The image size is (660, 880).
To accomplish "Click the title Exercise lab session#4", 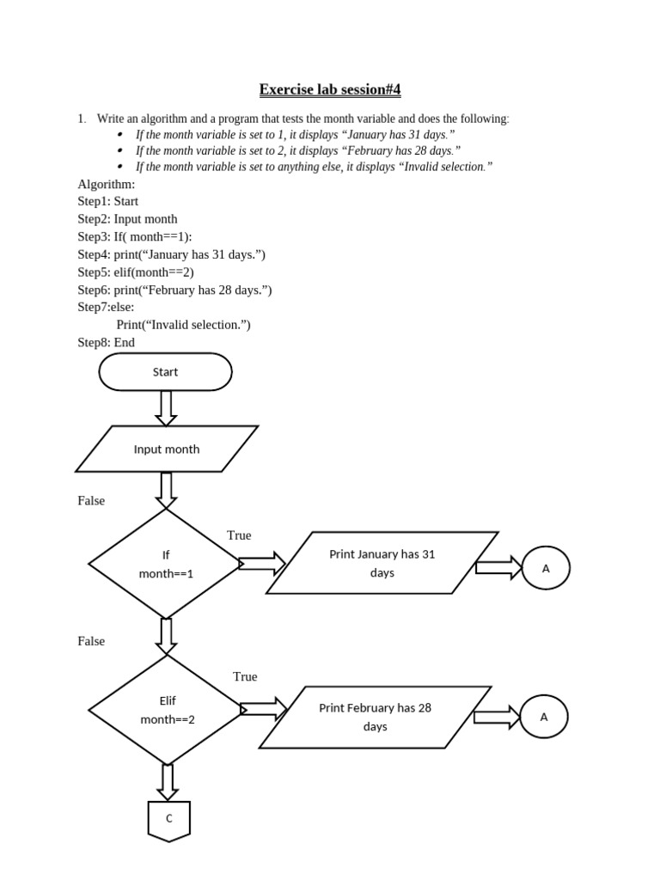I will pyautogui.click(x=331, y=89).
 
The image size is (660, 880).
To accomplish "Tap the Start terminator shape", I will pyautogui.click(x=165, y=372).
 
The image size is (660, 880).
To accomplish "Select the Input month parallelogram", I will pyautogui.click(x=167, y=449).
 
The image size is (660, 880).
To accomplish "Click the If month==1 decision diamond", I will pyautogui.click(x=166, y=564).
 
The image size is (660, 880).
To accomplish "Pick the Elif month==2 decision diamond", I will pyautogui.click(x=168, y=710).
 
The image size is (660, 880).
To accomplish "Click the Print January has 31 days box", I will pyautogui.click(x=382, y=563).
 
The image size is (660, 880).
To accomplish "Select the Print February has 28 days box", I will pyautogui.click(x=376, y=717).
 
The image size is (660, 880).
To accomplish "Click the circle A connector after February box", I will pyautogui.click(x=543, y=717).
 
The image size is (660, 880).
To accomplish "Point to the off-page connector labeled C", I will pyautogui.click(x=168, y=820).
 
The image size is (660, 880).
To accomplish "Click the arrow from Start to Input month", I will pyautogui.click(x=167, y=407).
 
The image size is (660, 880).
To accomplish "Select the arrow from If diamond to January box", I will pyautogui.click(x=262, y=564).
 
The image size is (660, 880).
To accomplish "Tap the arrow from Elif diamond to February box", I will pyautogui.click(x=263, y=710).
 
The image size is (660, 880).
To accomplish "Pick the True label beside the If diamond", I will pyautogui.click(x=239, y=535).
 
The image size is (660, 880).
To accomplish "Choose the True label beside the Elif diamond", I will pyautogui.click(x=245, y=676).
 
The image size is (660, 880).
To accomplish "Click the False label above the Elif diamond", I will pyautogui.click(x=91, y=641).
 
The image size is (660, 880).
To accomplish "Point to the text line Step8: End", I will pyautogui.click(x=106, y=342).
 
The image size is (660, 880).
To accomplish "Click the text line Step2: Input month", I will pyautogui.click(x=127, y=219).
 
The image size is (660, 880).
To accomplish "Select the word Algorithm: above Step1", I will pyautogui.click(x=106, y=184).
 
